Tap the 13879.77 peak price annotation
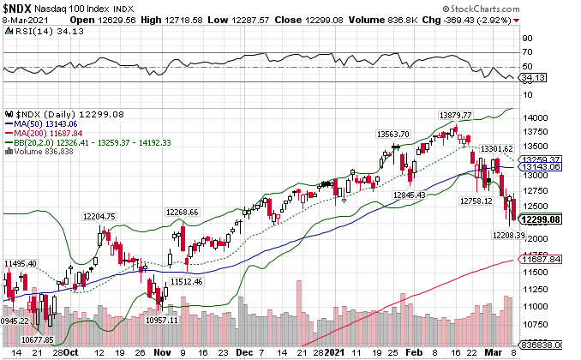pyautogui.click(x=456, y=114)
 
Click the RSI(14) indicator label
pyautogui.click(x=29, y=30)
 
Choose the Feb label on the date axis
pyautogui.click(x=414, y=352)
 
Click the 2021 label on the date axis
pyautogui.click(x=334, y=352)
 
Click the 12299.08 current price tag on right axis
pyautogui.click(x=542, y=219)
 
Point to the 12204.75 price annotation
pyautogui.click(x=99, y=216)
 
